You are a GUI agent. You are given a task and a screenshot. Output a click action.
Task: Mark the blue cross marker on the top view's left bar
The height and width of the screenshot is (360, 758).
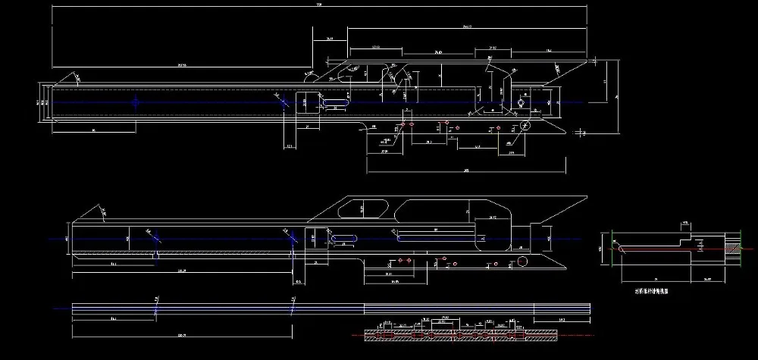pos(136,102)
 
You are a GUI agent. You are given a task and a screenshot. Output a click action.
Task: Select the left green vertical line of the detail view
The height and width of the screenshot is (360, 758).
pos(610,248)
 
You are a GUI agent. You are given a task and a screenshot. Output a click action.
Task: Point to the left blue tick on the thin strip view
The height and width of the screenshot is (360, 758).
pos(155,310)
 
